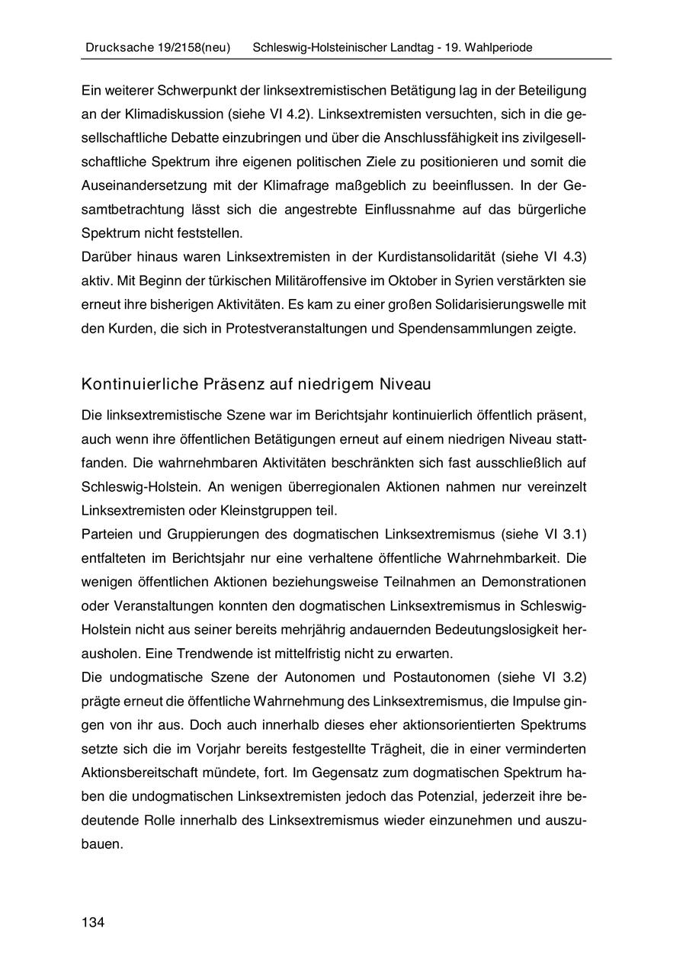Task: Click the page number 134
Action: tap(92, 923)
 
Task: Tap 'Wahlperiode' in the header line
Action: tap(499, 47)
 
